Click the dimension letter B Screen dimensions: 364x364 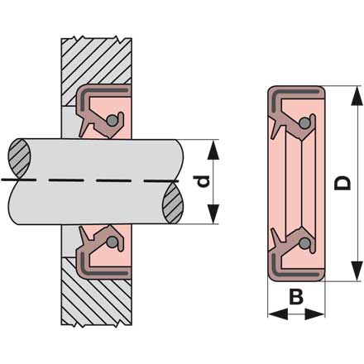tap(296, 297)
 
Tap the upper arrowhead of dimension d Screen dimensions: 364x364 tap(213, 150)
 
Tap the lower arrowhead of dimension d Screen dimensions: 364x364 tap(213, 214)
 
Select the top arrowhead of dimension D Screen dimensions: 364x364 tap(357, 96)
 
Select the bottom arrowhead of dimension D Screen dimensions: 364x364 tap(357, 271)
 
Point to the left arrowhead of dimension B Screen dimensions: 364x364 tap(278, 314)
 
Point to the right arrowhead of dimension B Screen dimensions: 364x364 tap(314, 314)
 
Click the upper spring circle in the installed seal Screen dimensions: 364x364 tap(112, 121)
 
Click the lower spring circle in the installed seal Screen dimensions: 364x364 tap(112, 242)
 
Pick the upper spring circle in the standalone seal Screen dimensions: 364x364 tap(304, 123)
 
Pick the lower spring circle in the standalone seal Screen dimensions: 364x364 tap(304, 243)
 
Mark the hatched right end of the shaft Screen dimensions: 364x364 tap(173, 203)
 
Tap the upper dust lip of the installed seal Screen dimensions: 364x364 tap(84, 127)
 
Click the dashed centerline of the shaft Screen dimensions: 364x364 tap(90, 180)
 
